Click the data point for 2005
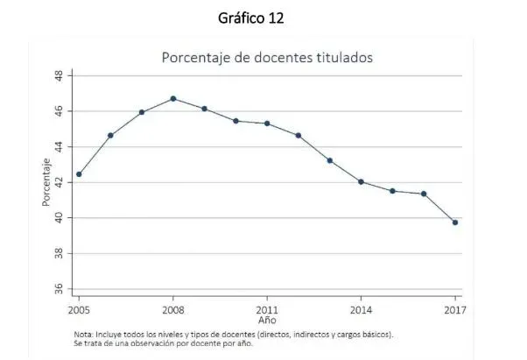click(x=79, y=174)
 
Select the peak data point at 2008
click(x=173, y=99)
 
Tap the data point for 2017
click(x=455, y=222)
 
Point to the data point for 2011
click(x=267, y=124)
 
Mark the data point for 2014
click(x=361, y=182)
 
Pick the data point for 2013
click(x=330, y=160)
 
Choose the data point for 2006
click(x=110, y=136)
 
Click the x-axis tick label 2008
click(x=173, y=310)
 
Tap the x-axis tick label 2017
click(x=455, y=310)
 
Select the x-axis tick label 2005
click(x=79, y=310)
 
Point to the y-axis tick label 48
click(x=59, y=76)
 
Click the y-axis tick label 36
click(x=59, y=289)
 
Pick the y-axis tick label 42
click(x=59, y=182)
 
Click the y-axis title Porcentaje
click(x=45, y=182)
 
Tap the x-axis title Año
click(x=267, y=321)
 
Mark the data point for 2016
click(x=424, y=194)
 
